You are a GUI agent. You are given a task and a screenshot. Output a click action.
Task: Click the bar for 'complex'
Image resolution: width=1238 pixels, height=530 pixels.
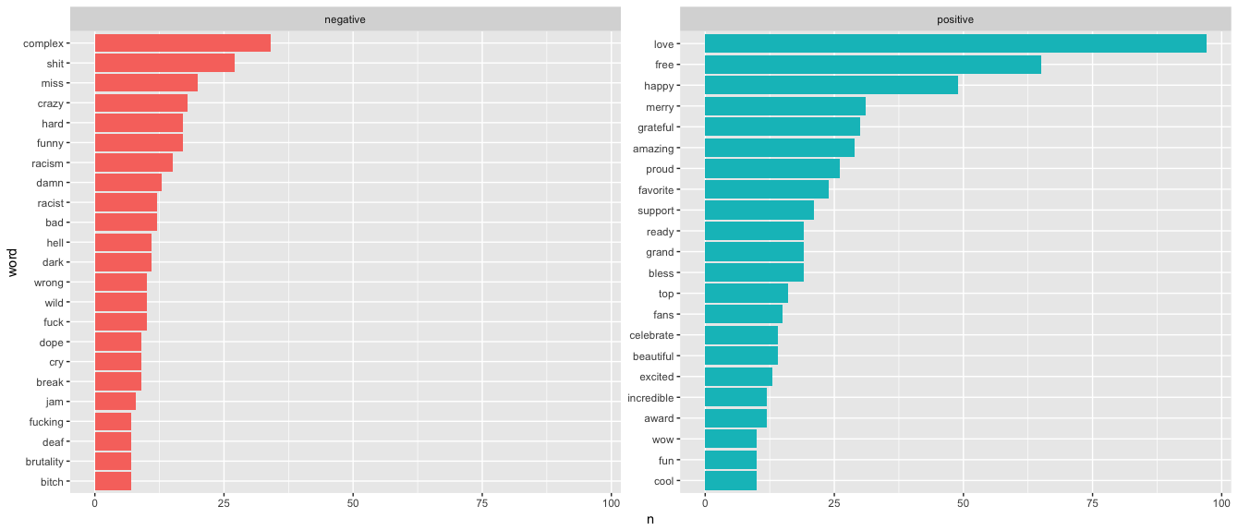pyautogui.click(x=183, y=43)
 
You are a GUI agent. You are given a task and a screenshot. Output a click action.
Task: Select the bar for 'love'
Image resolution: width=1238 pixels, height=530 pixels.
pyautogui.click(x=955, y=43)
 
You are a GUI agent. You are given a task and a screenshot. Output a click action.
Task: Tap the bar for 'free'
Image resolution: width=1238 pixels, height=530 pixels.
pyautogui.click(x=872, y=65)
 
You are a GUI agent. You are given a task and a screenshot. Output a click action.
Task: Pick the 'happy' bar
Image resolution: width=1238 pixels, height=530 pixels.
pyautogui.click(x=831, y=86)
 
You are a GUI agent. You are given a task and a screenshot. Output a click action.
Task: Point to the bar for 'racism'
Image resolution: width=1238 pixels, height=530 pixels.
pyautogui.click(x=134, y=163)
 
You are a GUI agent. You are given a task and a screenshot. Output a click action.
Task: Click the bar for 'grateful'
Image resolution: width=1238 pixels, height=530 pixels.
pyautogui.click(x=782, y=127)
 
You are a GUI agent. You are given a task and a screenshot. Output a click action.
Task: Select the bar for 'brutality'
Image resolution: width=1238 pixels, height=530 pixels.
pyautogui.click(x=113, y=462)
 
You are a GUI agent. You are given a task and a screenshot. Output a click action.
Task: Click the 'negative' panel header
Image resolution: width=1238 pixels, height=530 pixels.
pyautogui.click(x=345, y=19)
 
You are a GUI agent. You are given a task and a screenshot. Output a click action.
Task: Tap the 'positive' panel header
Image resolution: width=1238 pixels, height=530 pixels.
pyautogui.click(x=954, y=19)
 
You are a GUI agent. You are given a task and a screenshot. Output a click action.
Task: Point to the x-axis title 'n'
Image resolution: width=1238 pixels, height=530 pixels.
pyautogui.click(x=649, y=520)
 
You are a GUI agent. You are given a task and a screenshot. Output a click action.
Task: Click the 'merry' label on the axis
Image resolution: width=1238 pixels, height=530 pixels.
pyautogui.click(x=660, y=107)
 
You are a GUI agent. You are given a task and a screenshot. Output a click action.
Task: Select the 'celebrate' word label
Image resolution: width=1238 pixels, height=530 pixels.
pyautogui.click(x=651, y=335)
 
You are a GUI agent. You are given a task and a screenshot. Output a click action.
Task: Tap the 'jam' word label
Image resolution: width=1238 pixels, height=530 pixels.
pyautogui.click(x=55, y=402)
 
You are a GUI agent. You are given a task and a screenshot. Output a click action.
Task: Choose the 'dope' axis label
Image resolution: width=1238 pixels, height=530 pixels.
pyautogui.click(x=51, y=343)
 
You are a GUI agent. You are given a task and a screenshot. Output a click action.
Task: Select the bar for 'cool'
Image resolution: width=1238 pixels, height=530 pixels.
pyautogui.click(x=730, y=481)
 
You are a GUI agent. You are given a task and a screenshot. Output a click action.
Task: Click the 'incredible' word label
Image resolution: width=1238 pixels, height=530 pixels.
pyautogui.click(x=650, y=398)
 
